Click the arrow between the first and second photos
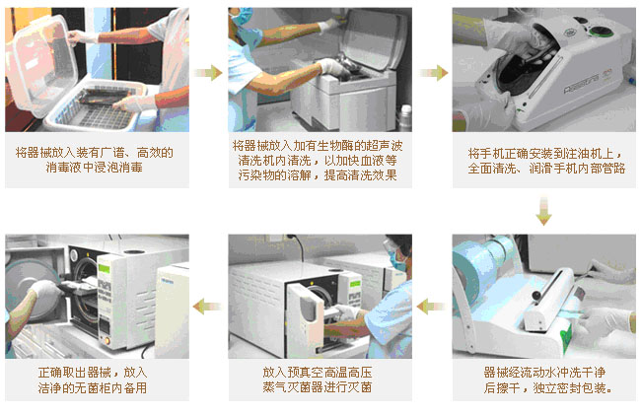tap(208, 73)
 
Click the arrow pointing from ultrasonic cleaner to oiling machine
tap(434, 73)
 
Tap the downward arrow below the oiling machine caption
tap(543, 211)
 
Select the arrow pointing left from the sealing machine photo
tap(432, 307)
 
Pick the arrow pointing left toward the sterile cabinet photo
tap(207, 307)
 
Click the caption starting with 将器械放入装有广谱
tap(95, 160)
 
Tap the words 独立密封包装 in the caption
tap(569, 387)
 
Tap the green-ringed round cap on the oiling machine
tap(598, 32)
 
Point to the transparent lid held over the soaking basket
tap(39, 65)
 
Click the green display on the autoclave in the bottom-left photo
tap(104, 268)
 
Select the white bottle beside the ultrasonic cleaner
tap(404, 117)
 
